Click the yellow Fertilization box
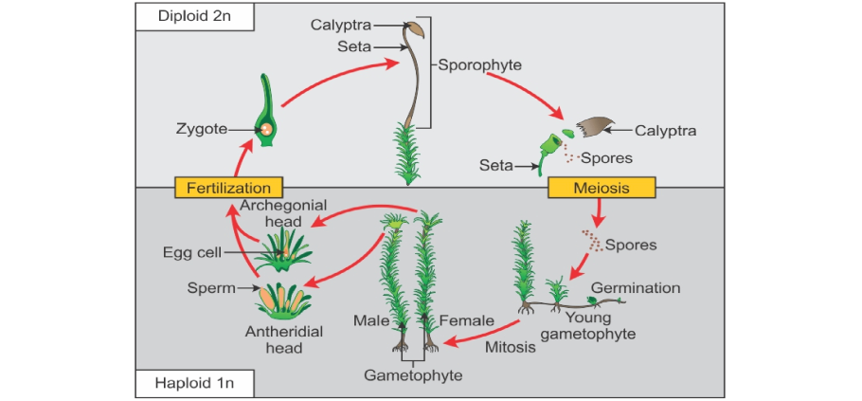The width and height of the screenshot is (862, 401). [229, 188]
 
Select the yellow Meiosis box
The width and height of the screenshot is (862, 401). [602, 188]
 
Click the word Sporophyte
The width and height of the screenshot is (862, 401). [480, 65]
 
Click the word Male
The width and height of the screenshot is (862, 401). [371, 320]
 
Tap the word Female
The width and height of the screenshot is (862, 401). [466, 320]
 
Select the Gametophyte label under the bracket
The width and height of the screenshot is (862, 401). [413, 375]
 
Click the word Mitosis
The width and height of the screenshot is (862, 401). [511, 347]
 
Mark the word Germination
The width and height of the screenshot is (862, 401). [636, 287]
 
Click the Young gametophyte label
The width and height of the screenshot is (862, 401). [590, 325]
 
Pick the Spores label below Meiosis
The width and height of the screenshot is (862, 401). [631, 245]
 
